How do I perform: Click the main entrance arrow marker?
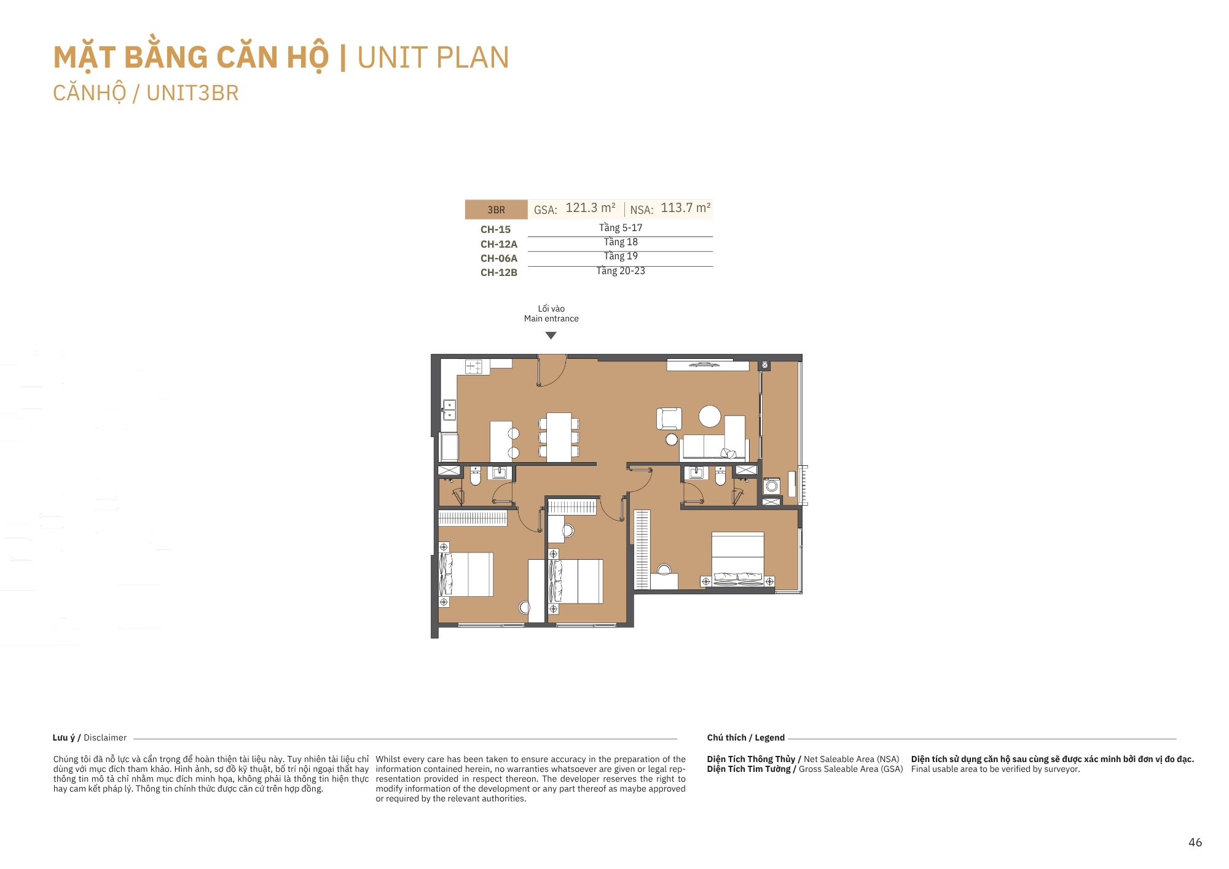(x=551, y=336)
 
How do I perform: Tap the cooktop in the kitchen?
(x=474, y=367)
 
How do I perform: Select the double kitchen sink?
(x=449, y=410)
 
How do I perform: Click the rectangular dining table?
(x=559, y=437)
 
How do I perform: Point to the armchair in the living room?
(x=669, y=419)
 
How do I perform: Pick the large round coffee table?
(x=710, y=416)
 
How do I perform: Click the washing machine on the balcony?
(x=772, y=486)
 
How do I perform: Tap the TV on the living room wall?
(x=704, y=365)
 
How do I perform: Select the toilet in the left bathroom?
(x=475, y=476)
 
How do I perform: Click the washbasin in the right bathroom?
(x=696, y=473)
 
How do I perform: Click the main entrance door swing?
(x=552, y=371)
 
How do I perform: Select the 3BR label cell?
(x=497, y=210)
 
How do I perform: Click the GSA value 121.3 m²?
(x=591, y=208)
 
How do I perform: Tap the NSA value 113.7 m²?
(x=686, y=208)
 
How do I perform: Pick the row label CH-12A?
(x=499, y=244)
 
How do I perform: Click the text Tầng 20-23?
(x=621, y=271)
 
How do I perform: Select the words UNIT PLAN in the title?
(x=433, y=58)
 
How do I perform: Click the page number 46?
(x=1195, y=843)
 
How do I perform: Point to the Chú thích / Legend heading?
(x=746, y=737)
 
